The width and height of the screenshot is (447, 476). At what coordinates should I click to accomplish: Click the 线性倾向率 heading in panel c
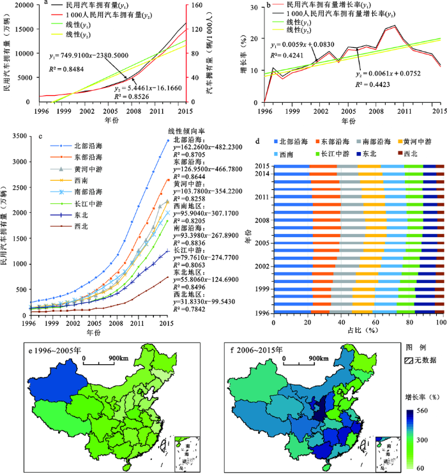click(189, 130)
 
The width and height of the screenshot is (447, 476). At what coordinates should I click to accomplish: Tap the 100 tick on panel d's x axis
click(439, 323)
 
